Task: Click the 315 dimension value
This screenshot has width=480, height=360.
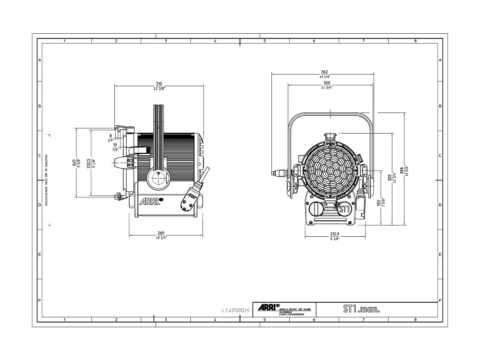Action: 159,83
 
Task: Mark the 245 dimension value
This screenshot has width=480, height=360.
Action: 74,163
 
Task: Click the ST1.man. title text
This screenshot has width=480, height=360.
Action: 360,309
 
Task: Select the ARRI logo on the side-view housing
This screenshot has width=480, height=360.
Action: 149,202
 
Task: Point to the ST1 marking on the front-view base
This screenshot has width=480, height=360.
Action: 344,209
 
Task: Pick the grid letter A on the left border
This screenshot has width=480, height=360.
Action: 40,60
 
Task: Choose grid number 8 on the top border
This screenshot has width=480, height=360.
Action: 415,41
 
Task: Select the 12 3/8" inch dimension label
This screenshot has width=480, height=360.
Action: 159,89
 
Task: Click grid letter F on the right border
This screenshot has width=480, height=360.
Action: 440,300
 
